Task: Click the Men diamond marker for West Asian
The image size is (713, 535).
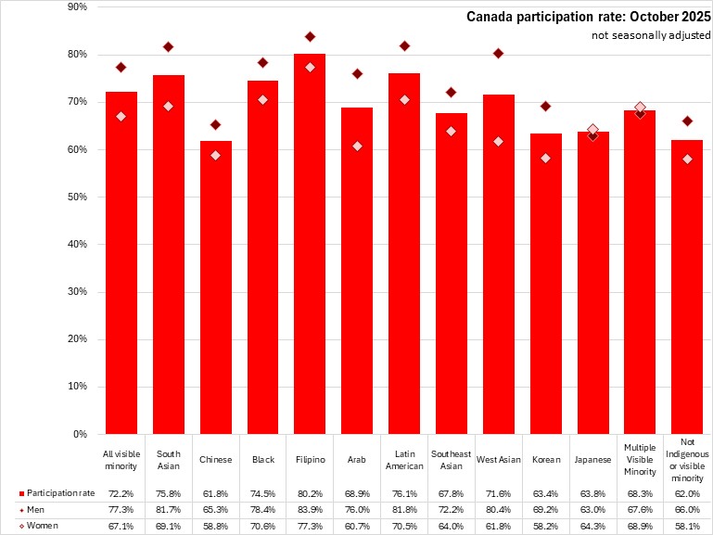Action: (x=498, y=53)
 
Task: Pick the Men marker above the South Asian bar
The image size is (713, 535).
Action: (x=168, y=46)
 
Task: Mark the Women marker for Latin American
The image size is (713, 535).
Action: (x=404, y=99)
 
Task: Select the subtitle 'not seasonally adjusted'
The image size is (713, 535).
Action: (x=652, y=35)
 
